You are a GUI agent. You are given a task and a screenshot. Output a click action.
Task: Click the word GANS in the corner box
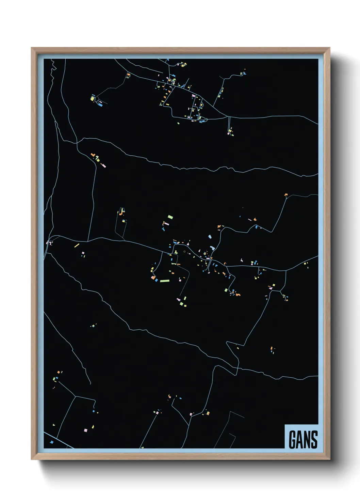point(303,440)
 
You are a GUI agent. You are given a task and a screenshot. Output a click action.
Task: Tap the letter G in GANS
point(292,440)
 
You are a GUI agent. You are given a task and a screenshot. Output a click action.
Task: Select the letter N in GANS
point(307,440)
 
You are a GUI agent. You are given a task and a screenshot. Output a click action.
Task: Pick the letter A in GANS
point(299,440)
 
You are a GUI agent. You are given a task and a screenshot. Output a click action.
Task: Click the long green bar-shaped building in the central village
point(165,281)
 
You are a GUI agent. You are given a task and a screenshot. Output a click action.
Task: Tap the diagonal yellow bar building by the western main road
point(77,245)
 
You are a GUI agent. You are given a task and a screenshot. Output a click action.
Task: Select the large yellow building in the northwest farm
point(92,98)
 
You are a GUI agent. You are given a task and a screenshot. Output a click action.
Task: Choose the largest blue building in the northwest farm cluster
point(100,105)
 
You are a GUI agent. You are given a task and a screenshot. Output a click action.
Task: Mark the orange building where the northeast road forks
point(286,195)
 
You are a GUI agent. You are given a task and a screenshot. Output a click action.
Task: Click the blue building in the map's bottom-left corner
point(52,442)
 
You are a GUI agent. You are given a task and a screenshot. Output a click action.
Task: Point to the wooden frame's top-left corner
point(32,48)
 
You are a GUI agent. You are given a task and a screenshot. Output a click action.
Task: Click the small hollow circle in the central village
point(184,252)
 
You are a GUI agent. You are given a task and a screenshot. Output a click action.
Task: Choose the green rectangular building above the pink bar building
point(170,217)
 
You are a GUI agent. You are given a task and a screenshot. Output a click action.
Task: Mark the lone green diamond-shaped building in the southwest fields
point(93,326)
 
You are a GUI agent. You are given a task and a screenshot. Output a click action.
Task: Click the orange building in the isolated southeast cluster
point(271,348)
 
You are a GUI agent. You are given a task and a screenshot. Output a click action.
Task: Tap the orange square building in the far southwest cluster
point(59,372)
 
